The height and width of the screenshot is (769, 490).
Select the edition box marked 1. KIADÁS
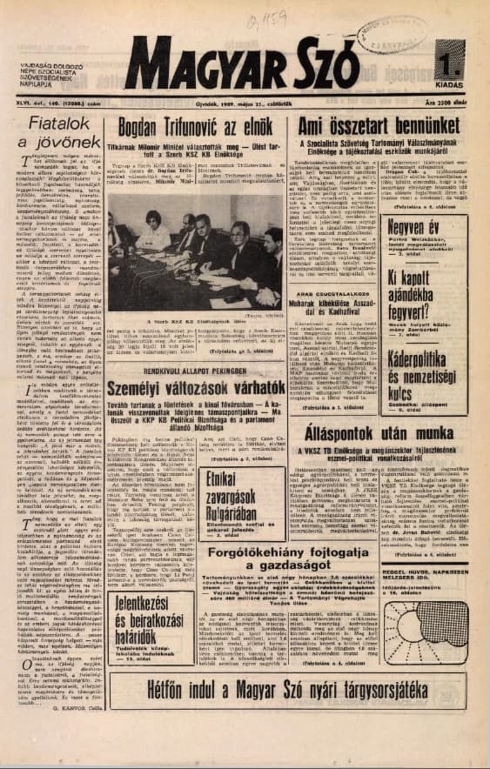click(x=450, y=69)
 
